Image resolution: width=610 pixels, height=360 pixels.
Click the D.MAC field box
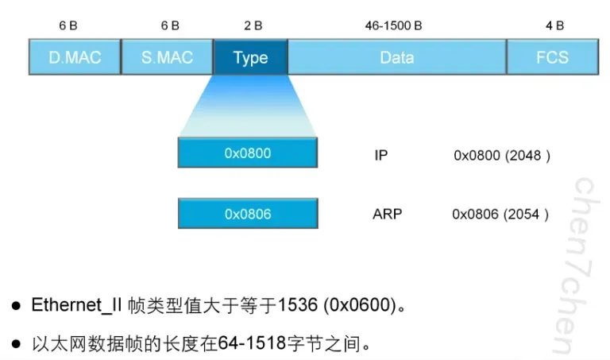click(75, 57)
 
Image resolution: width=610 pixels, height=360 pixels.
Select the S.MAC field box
click(168, 57)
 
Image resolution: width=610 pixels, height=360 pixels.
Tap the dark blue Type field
click(250, 57)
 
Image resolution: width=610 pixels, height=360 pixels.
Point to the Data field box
click(397, 57)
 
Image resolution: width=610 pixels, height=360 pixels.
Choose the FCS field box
click(553, 57)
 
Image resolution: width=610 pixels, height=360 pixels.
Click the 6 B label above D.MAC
click(68, 25)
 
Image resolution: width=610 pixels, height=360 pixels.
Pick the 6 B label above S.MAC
click(170, 25)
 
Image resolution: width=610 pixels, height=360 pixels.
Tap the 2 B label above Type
click(253, 25)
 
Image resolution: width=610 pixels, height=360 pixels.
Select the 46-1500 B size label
click(393, 25)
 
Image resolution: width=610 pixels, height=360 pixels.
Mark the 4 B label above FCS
click(554, 25)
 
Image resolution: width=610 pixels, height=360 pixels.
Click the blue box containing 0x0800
click(248, 153)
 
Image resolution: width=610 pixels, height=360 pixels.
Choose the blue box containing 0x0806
click(248, 213)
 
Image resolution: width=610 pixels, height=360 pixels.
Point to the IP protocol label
click(381, 155)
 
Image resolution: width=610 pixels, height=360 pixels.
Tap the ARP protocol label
click(387, 214)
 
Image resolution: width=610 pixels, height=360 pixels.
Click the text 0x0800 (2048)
click(502, 156)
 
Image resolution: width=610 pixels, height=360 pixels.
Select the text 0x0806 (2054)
click(500, 215)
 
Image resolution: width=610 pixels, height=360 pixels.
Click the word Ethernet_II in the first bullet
click(77, 305)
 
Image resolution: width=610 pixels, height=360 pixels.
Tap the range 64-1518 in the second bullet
click(252, 343)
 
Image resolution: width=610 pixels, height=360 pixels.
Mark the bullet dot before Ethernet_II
click(16, 305)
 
